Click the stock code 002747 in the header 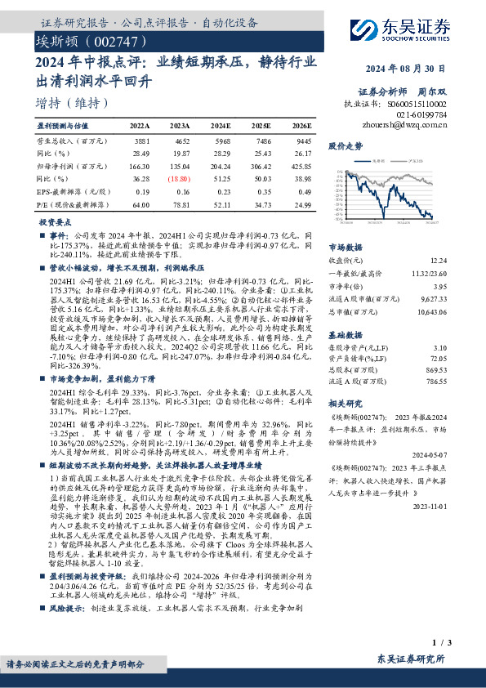[x=116, y=40]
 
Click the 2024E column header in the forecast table [x=221, y=127]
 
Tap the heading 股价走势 [x=344, y=145]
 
